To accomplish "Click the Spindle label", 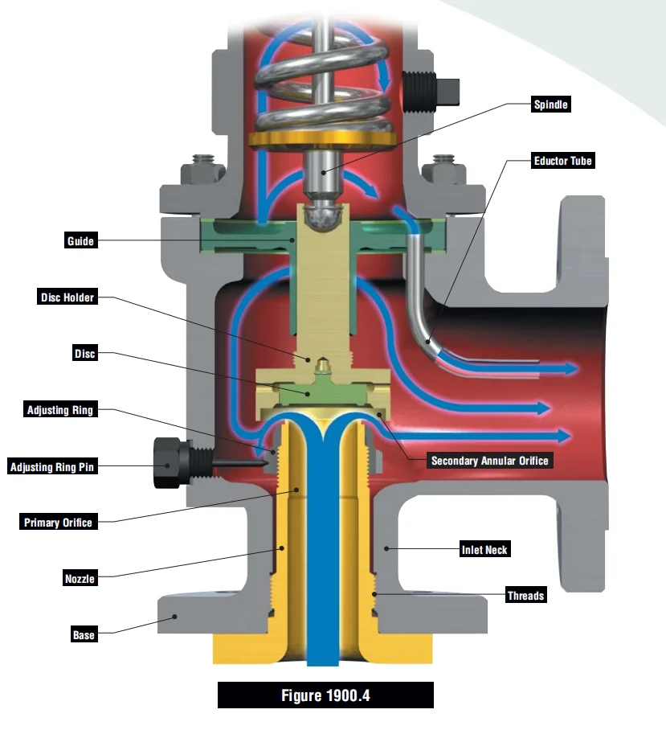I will click(551, 105).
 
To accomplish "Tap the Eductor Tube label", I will click(563, 161).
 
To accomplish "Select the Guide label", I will click(80, 240).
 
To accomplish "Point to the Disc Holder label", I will click(67, 297).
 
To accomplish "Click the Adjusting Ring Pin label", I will click(52, 466).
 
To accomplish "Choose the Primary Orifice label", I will click(58, 523).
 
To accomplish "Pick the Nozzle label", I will click(80, 578).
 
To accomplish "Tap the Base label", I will click(84, 635).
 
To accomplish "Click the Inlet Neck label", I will click(484, 550).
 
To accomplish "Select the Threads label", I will click(525, 596).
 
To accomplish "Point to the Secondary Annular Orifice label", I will click(489, 461).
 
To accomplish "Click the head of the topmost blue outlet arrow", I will click(570, 369).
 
